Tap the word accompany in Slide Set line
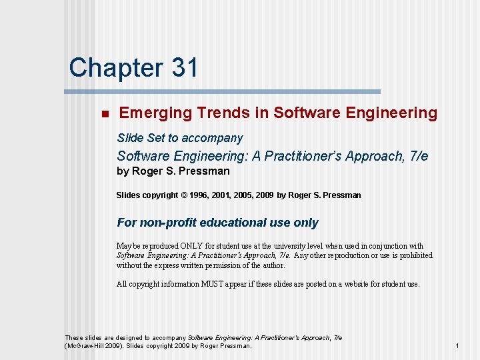(x=212, y=138)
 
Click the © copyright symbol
(x=183, y=195)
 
